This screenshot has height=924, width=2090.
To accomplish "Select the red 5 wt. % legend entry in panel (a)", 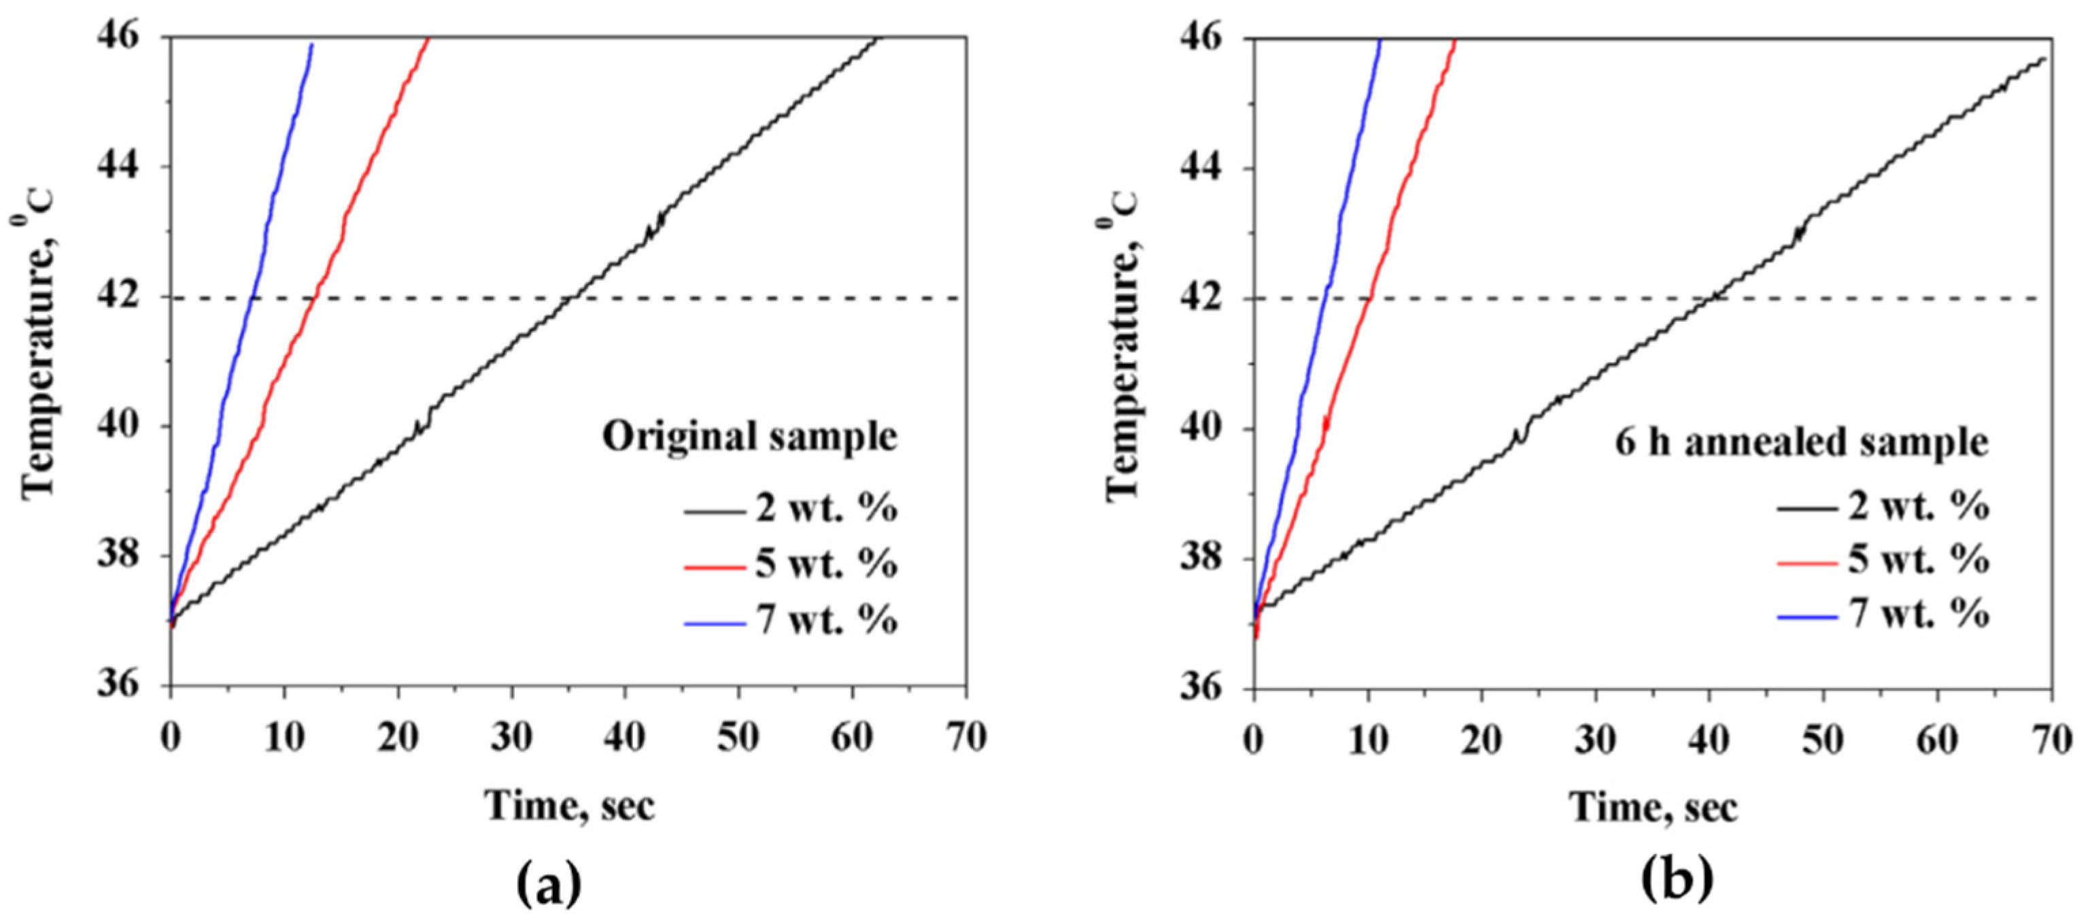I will point(790,564).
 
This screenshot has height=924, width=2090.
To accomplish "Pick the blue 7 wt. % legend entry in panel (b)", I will point(1883,613).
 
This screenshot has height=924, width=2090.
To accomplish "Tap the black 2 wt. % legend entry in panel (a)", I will point(790,509).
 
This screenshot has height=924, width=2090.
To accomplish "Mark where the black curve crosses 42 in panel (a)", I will point(571,298).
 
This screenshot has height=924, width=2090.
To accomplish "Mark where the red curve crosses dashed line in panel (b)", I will point(1369,298).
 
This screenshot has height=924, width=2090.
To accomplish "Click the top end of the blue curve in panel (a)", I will point(311,44).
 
